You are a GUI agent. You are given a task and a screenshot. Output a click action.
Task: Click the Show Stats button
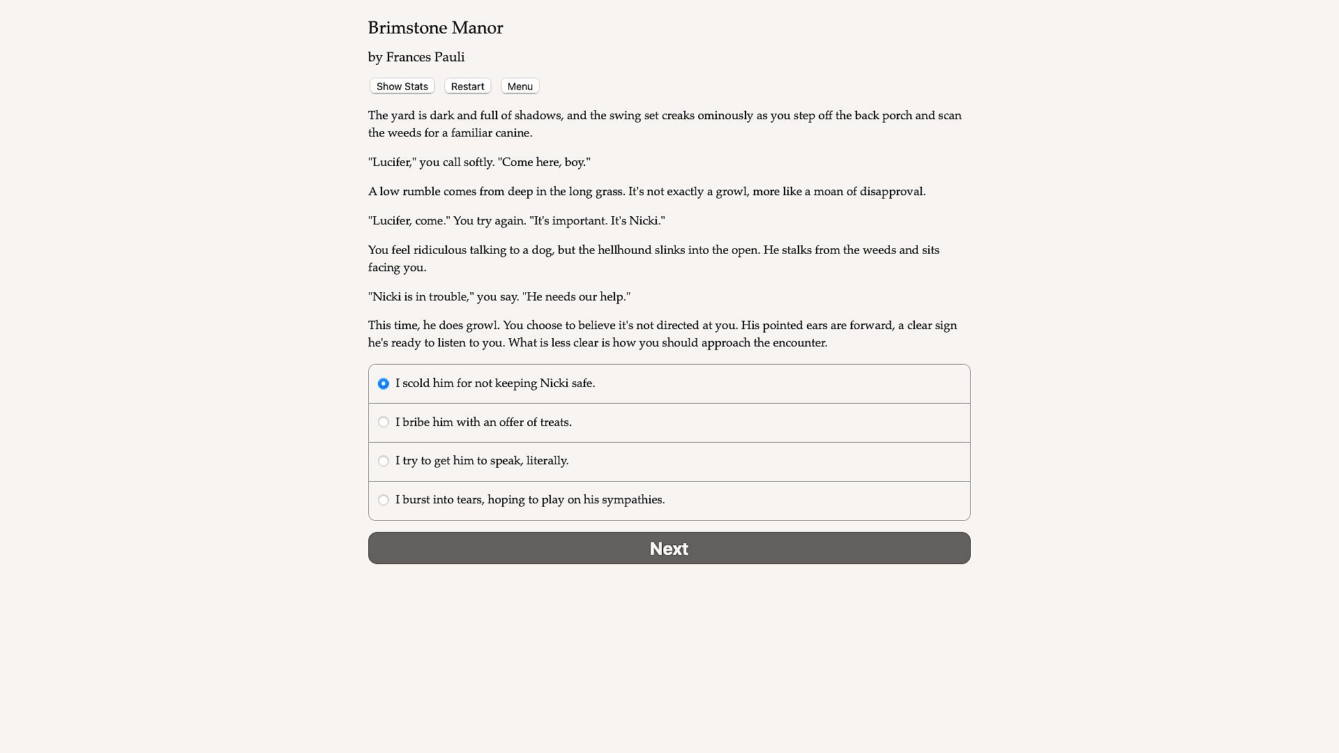click(x=402, y=86)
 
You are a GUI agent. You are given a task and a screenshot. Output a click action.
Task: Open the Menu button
click(x=520, y=86)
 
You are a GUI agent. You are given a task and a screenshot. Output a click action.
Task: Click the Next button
click(x=669, y=548)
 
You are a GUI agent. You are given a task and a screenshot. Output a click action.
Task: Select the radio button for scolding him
click(x=384, y=383)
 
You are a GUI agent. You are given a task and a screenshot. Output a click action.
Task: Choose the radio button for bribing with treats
click(x=384, y=423)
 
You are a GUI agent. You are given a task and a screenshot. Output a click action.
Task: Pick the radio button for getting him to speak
click(x=384, y=461)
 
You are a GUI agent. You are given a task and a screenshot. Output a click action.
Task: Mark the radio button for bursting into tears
click(x=384, y=500)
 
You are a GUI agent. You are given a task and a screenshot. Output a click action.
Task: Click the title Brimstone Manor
click(x=435, y=28)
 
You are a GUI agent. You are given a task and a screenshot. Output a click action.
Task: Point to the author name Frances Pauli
click(x=425, y=57)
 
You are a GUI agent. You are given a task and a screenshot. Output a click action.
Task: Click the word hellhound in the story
click(x=624, y=250)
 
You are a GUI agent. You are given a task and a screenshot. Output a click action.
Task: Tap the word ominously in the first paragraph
click(x=725, y=116)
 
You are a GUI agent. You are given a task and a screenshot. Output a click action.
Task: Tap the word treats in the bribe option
click(x=554, y=423)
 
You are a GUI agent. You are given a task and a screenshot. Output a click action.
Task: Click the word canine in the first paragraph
click(x=513, y=133)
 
